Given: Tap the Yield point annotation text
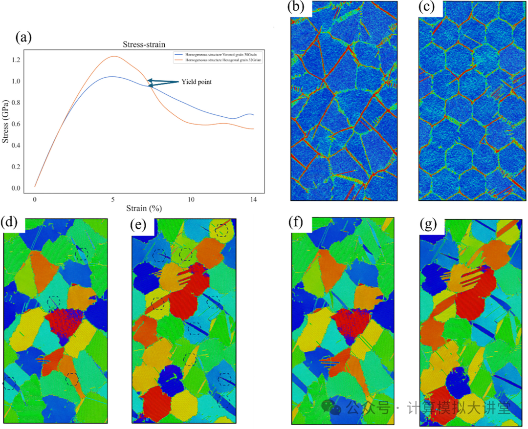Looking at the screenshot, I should [197, 82].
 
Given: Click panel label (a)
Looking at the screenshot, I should [24, 37].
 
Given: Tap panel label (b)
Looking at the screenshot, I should [296, 7].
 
